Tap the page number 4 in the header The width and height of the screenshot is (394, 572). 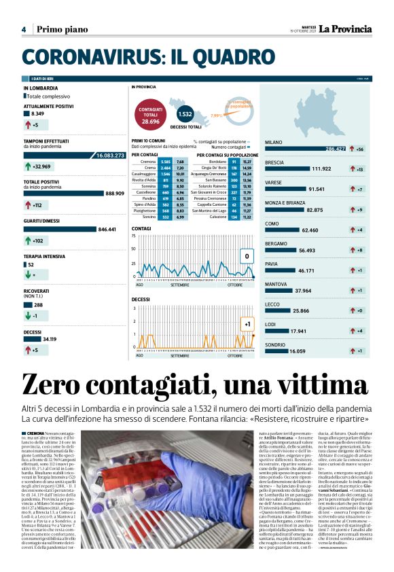[24, 29]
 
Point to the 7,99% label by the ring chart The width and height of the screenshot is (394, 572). [217, 115]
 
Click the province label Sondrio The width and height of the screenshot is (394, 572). [275, 344]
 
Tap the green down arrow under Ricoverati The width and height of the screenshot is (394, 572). [28, 316]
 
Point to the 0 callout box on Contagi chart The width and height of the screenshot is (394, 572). [247, 256]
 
